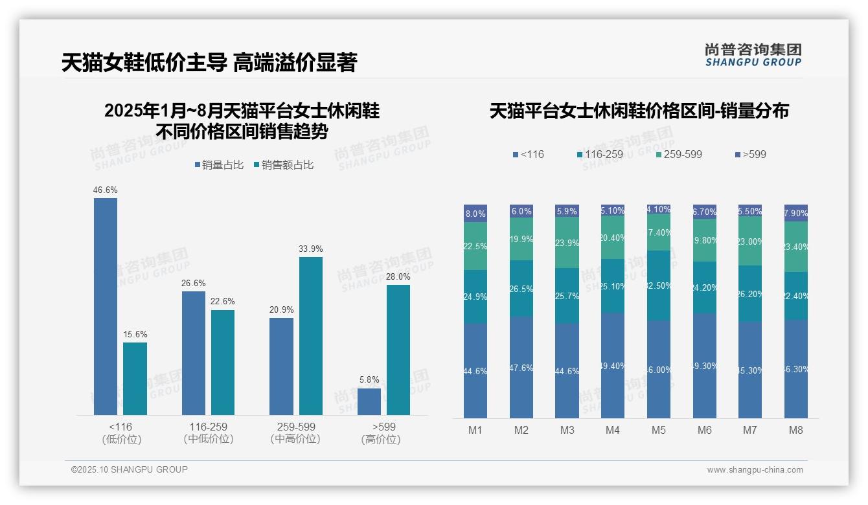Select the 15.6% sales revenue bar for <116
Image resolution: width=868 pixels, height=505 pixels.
point(135,379)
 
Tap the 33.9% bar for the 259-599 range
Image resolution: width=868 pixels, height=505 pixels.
point(310,336)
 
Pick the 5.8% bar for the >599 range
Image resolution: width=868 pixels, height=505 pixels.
point(369,401)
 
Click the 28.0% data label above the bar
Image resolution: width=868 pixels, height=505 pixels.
point(398,276)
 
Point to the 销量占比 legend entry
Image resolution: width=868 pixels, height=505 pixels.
point(219,165)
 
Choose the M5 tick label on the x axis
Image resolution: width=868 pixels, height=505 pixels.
point(658,430)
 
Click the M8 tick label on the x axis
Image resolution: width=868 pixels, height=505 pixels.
point(795,430)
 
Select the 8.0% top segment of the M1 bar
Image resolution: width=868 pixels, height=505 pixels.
point(475,213)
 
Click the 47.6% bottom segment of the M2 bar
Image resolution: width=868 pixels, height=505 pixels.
point(521,367)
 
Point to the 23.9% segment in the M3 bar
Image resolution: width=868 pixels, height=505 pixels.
point(567,243)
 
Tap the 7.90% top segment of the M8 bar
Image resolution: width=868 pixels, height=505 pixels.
point(795,213)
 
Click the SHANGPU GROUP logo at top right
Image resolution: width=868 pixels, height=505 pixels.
point(753,55)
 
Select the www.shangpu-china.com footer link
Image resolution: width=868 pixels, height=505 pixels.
point(755,470)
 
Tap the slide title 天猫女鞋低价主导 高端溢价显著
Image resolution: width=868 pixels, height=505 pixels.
point(209,63)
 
